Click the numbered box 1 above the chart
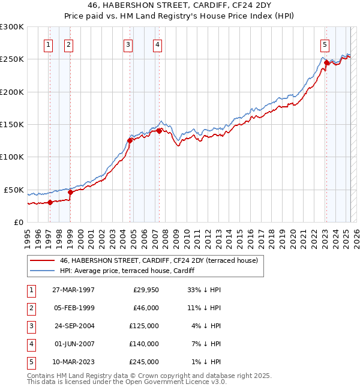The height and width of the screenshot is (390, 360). click(x=48, y=44)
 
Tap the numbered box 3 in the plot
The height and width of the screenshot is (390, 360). click(x=128, y=44)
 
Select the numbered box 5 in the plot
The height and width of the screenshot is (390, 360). click(x=325, y=44)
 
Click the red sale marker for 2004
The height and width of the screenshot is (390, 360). click(x=130, y=141)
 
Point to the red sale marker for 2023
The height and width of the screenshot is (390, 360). click(x=326, y=62)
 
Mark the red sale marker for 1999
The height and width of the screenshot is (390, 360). click(x=70, y=193)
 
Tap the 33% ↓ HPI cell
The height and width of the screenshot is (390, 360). click(x=205, y=290)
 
